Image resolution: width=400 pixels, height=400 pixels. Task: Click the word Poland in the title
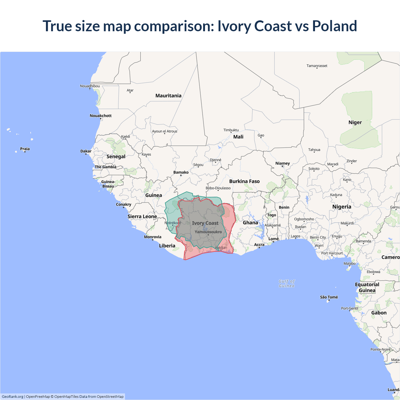click(x=334, y=26)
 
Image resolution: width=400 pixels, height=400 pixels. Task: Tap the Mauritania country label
click(x=168, y=96)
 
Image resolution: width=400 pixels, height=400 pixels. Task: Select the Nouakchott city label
click(x=101, y=116)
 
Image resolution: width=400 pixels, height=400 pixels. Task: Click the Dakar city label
click(x=86, y=151)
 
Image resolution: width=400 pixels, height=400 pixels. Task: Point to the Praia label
click(x=25, y=149)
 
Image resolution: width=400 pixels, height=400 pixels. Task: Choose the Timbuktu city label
click(x=231, y=130)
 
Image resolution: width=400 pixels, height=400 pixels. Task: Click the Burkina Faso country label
click(x=244, y=181)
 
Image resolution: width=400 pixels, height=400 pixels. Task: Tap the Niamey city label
click(x=282, y=163)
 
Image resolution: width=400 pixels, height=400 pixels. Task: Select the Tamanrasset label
click(x=317, y=66)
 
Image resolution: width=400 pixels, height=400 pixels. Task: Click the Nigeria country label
click(x=342, y=207)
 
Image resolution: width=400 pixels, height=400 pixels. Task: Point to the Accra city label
click(x=259, y=245)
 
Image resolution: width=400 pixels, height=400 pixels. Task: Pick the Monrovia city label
click(x=152, y=237)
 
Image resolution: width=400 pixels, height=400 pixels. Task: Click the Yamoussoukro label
click(x=208, y=232)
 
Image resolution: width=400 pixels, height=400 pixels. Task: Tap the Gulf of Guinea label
click(x=287, y=283)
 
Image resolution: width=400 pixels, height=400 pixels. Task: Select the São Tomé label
click(x=329, y=297)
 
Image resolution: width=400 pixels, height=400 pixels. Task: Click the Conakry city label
click(x=123, y=204)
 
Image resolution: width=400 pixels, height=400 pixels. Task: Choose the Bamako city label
click(x=181, y=172)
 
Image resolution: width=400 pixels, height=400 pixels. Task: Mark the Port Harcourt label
click(x=332, y=253)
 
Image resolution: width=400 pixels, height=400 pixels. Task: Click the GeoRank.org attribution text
click(x=12, y=397)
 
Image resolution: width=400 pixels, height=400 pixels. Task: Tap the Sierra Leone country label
click(x=142, y=216)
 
